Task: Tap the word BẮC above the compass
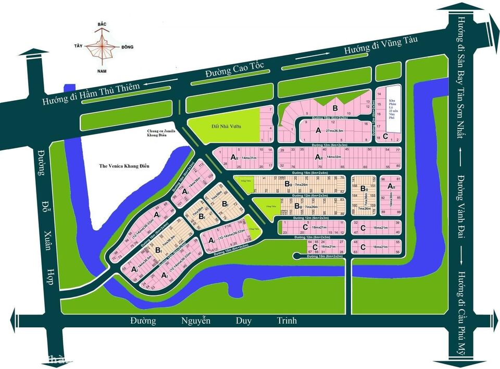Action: (x=103, y=25)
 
